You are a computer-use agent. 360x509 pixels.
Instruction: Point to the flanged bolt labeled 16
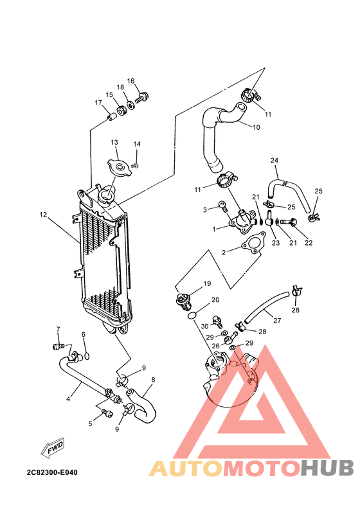[143, 98]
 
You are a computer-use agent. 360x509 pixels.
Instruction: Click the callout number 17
[98, 103]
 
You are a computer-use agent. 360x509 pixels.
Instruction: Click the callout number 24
[274, 160]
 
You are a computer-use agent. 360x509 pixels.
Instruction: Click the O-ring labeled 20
[192, 316]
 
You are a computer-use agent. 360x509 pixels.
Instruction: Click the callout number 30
[204, 326]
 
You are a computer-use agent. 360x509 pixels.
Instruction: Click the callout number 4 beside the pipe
[68, 398]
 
